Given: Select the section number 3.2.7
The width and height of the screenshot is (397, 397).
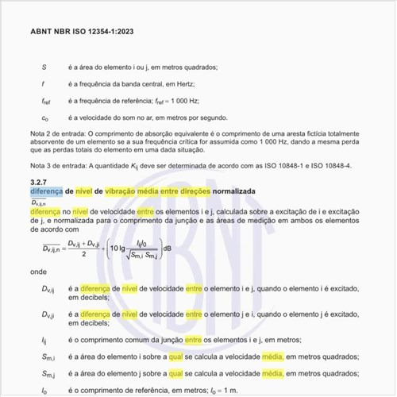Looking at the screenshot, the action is [x=40, y=183].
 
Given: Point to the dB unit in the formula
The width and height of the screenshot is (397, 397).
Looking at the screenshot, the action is [x=168, y=249].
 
